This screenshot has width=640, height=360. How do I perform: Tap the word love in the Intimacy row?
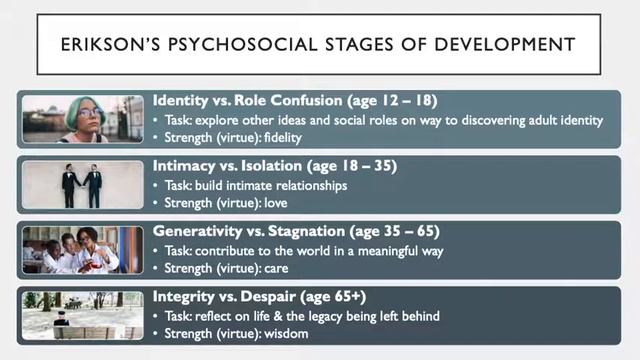[275, 203]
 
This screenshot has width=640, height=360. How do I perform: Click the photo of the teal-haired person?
[83, 118]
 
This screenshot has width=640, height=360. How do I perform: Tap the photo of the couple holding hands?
[83, 184]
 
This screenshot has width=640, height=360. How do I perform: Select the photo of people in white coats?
[83, 250]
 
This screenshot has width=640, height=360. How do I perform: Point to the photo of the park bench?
[83, 316]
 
